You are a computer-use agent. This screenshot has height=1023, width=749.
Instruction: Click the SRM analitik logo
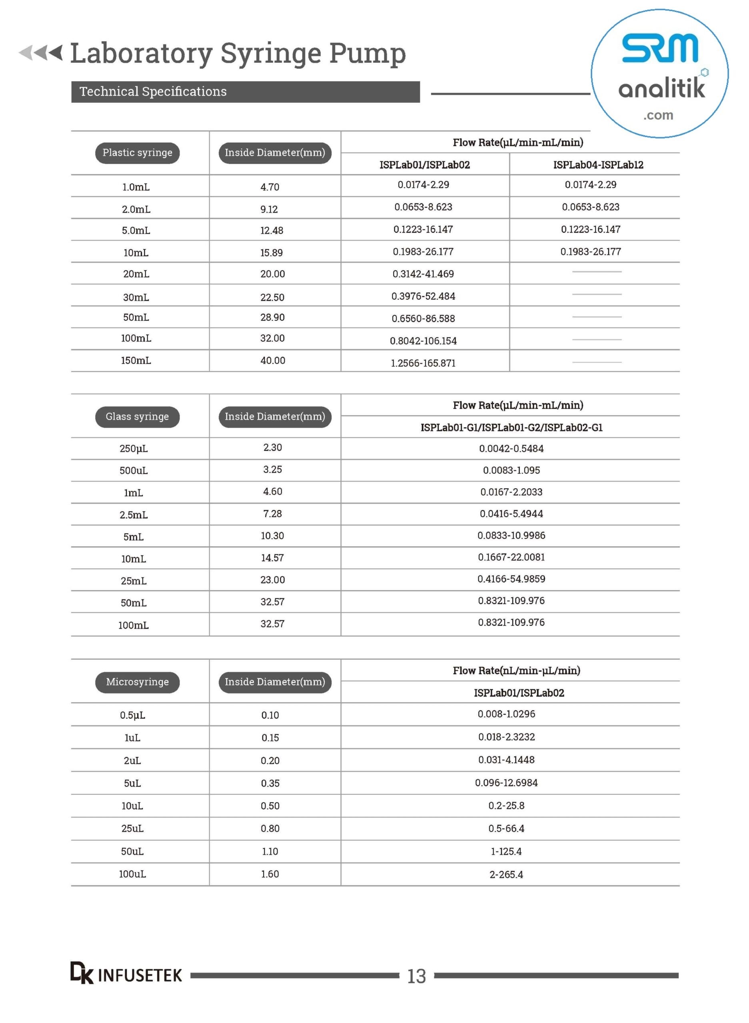coord(660,74)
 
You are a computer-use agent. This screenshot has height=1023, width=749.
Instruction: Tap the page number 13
coord(416,976)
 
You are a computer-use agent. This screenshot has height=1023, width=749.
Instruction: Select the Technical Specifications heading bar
coord(245,92)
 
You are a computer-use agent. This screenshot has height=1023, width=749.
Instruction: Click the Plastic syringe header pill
coord(138,153)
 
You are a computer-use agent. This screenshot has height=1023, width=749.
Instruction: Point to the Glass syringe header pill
coord(138,417)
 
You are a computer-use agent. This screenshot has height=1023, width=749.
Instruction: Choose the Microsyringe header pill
coord(138,682)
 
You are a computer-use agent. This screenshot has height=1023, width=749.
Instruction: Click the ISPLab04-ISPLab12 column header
coord(598,165)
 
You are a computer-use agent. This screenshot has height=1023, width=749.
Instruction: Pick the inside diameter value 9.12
coord(269,209)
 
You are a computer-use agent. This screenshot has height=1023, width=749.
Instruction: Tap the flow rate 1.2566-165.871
coord(423,363)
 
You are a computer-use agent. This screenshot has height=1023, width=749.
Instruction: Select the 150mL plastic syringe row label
coord(136,360)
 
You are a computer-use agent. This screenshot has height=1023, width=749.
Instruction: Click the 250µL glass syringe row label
coord(133,448)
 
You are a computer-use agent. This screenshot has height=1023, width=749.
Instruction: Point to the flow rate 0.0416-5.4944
coord(511,514)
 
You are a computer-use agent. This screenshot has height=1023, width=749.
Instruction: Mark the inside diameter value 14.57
coord(272,558)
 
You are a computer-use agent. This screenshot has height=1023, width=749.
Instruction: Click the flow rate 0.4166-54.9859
coord(511,579)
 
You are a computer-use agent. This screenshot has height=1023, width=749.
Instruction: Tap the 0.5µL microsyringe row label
coord(132,715)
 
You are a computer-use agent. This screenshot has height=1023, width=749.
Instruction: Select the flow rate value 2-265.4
coord(506,874)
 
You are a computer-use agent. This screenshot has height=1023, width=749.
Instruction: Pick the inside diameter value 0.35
coord(270,783)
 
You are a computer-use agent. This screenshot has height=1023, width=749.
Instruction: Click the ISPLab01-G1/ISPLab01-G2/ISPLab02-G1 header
coord(511,428)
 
